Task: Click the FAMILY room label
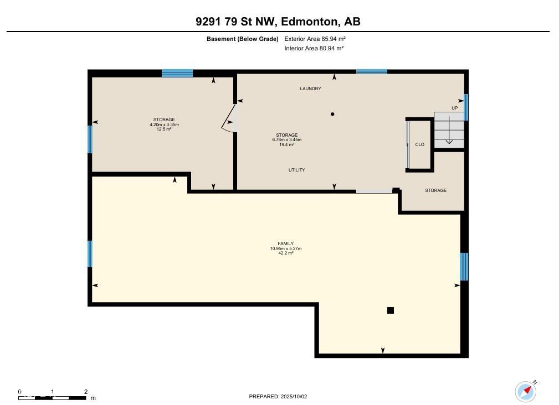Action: [x=285, y=244]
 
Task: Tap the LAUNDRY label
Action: [x=310, y=89]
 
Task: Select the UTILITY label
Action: [x=296, y=170]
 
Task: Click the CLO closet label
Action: [x=419, y=144]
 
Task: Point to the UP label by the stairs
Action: [x=454, y=108]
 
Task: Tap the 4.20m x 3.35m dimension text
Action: [x=164, y=124]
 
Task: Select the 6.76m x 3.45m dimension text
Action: [x=286, y=140]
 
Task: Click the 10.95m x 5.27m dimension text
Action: [x=285, y=248]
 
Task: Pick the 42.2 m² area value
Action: [x=285, y=253]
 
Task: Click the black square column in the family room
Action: [x=391, y=310]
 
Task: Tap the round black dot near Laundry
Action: [x=332, y=114]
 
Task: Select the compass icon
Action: [x=526, y=392]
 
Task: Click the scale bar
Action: [x=52, y=397]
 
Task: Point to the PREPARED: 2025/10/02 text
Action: [x=278, y=397]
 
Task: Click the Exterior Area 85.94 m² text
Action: [x=315, y=39]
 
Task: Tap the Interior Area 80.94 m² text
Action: [x=314, y=48]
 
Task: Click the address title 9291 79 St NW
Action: [x=235, y=22]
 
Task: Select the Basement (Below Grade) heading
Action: [x=243, y=39]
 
